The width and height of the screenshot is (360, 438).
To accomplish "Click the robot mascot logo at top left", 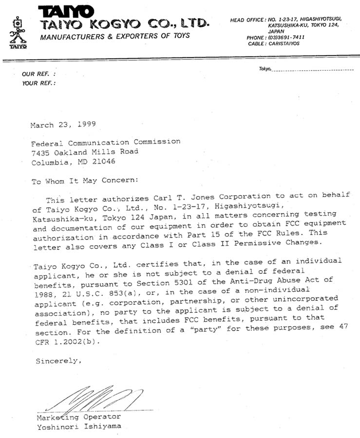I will click(18, 33).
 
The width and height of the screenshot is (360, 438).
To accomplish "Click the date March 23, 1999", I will click(63, 125).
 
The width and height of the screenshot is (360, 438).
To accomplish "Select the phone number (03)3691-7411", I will click(283, 37).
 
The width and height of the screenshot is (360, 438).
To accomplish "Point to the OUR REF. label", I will click(38, 74).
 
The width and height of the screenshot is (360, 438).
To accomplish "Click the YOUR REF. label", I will click(39, 83).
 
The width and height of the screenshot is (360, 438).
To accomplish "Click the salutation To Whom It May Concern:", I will click(85, 180).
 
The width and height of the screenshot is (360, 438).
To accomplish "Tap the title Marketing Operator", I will click(78, 417).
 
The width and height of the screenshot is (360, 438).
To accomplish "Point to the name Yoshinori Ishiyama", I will click(78, 427).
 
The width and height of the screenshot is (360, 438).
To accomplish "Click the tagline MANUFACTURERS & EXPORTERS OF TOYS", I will click(115, 36).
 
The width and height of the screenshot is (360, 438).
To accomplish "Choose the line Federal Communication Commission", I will click(106, 142).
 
